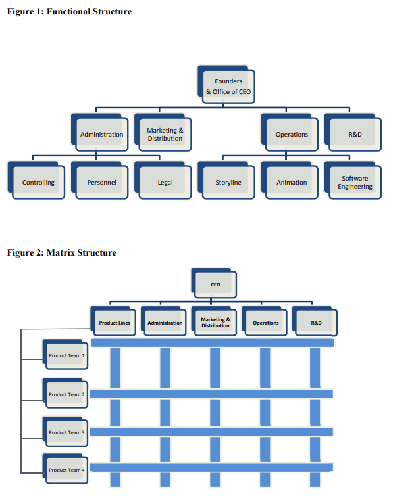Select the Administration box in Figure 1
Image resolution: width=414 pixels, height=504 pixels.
pos(101,134)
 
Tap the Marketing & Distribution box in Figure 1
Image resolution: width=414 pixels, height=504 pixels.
pos(165,134)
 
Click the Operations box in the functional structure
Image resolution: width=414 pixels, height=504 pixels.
pos(292,134)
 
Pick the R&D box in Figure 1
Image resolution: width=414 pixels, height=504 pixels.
pos(355,134)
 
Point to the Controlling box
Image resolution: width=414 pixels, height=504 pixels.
pos(38,182)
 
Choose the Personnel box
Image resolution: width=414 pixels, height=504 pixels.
pos(101,182)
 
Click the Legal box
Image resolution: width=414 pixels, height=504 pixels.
pos(165,182)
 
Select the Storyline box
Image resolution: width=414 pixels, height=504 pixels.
pos(228,182)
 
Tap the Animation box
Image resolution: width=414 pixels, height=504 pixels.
pos(292,182)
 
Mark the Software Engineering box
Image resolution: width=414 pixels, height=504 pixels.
pos(355,182)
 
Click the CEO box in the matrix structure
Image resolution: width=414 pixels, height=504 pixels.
pos(215,285)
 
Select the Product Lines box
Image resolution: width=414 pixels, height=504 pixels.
pos(115,323)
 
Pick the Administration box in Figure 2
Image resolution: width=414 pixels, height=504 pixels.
pos(165,323)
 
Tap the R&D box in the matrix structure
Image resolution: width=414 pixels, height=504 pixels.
pos(316,323)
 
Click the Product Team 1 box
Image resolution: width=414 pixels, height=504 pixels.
pos(66,355)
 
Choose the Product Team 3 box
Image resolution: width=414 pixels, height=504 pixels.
pos(66,432)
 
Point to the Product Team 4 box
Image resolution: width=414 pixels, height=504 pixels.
pos(66,470)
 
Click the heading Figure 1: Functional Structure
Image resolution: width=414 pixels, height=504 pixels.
pos(69,11)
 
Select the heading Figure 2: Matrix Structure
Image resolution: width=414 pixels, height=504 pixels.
pos(61,252)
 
